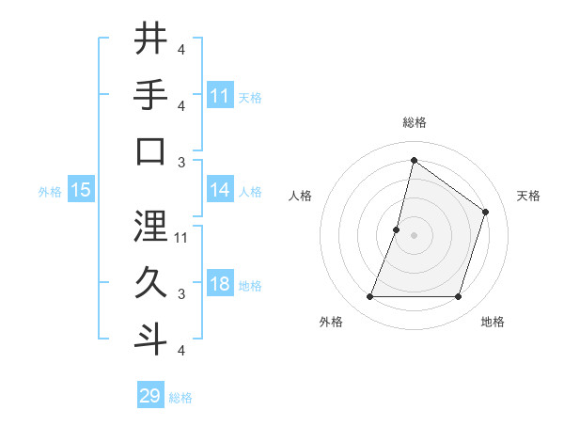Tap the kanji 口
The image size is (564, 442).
coord(150,151)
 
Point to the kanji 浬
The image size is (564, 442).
coord(150,226)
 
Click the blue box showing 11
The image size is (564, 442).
coord(220,96)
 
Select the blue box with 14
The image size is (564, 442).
coord(220,190)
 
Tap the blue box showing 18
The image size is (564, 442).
coord(220,284)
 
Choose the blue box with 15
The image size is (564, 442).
coord(81,190)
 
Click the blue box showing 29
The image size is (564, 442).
coord(150,396)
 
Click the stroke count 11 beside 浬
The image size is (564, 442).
coord(181,237)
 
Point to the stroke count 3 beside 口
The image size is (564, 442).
coord(181,162)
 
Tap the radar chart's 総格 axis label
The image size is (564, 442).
coord(414,122)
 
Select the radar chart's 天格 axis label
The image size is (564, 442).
coord(528,196)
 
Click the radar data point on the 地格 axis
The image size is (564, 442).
coord(458,296)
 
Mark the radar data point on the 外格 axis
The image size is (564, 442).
coord(369,296)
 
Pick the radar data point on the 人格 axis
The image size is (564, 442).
coord(397,229)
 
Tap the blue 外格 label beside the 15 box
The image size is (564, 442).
coord(49,191)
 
